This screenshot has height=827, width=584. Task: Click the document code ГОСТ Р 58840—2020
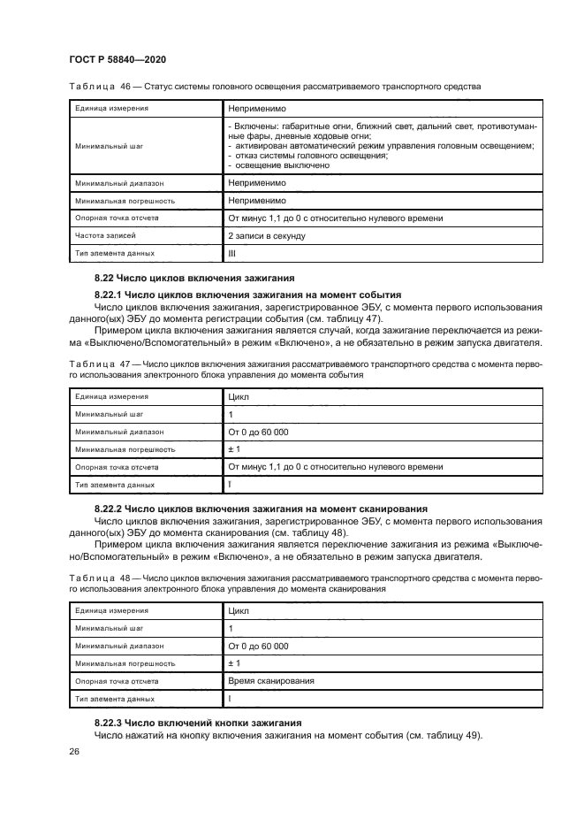click(x=118, y=58)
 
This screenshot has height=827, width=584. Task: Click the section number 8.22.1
click(x=111, y=295)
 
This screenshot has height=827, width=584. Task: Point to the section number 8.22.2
click(x=111, y=509)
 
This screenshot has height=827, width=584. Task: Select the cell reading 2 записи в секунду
click(x=267, y=236)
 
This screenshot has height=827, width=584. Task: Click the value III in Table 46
click(x=232, y=254)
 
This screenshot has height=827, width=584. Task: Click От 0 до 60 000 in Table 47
click(x=258, y=432)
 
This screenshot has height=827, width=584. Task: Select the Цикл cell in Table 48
click(x=239, y=610)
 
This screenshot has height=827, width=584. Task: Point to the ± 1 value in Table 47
click(x=234, y=449)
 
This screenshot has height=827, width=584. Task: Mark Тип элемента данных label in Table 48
click(x=115, y=699)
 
